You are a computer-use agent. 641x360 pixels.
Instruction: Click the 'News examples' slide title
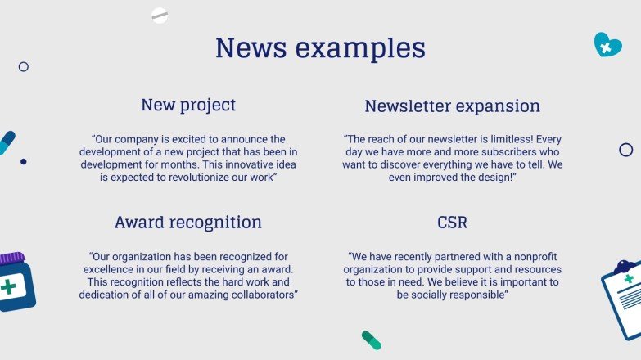click(320, 48)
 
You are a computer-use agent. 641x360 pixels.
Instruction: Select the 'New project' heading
click(188, 105)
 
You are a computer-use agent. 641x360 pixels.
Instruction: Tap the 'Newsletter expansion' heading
click(452, 106)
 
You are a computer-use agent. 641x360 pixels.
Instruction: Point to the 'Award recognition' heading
click(188, 223)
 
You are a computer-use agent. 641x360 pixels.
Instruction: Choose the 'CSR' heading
click(453, 223)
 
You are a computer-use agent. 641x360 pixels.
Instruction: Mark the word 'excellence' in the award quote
click(111, 269)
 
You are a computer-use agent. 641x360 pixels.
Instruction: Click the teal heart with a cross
click(607, 45)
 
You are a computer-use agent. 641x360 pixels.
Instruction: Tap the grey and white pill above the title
click(160, 16)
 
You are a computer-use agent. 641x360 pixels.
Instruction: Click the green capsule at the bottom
click(372, 340)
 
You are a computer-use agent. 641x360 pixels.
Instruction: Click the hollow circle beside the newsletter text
click(626, 150)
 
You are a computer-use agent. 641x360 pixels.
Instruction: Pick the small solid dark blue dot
click(24, 162)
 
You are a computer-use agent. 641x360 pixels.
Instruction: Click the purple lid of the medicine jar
click(11, 259)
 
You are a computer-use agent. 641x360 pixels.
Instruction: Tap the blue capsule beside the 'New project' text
click(7, 142)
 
